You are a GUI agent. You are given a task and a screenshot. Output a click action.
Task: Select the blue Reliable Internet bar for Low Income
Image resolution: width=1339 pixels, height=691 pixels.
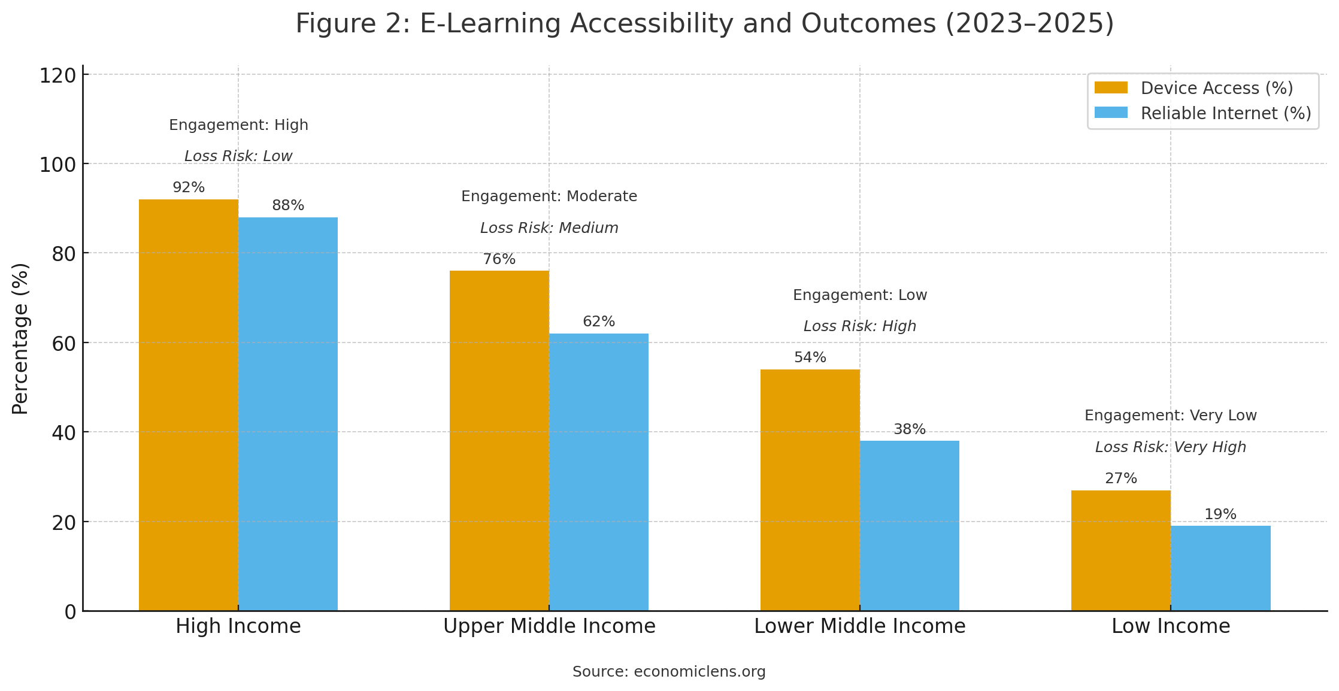(x=1220, y=568)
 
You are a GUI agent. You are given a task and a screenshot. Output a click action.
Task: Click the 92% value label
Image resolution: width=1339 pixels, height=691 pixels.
(x=189, y=187)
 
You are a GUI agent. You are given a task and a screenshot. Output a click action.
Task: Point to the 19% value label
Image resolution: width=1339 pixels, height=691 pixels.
(x=1220, y=514)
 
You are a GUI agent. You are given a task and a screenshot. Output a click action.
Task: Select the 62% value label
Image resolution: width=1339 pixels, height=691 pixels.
(x=599, y=322)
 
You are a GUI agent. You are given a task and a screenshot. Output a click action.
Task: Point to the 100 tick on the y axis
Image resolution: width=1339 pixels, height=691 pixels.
(x=58, y=165)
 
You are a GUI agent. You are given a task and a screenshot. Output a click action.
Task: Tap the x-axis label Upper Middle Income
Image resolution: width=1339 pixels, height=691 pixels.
(x=549, y=626)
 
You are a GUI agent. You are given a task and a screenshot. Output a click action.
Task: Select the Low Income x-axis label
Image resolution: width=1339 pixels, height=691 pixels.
(x=1171, y=626)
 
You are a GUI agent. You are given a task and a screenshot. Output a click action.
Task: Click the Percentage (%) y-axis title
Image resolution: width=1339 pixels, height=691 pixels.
(x=20, y=338)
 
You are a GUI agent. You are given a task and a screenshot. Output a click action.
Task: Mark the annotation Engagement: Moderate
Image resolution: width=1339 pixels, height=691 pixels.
(x=549, y=196)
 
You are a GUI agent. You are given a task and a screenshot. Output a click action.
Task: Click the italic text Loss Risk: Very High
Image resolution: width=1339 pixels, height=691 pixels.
(x=1171, y=447)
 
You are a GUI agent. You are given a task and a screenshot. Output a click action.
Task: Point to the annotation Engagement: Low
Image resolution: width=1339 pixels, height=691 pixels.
(x=860, y=295)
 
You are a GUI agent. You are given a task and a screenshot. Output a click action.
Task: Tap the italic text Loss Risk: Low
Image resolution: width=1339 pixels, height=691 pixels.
(x=238, y=156)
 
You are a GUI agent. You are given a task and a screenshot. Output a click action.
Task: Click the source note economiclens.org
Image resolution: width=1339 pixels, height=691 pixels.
(x=669, y=672)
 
